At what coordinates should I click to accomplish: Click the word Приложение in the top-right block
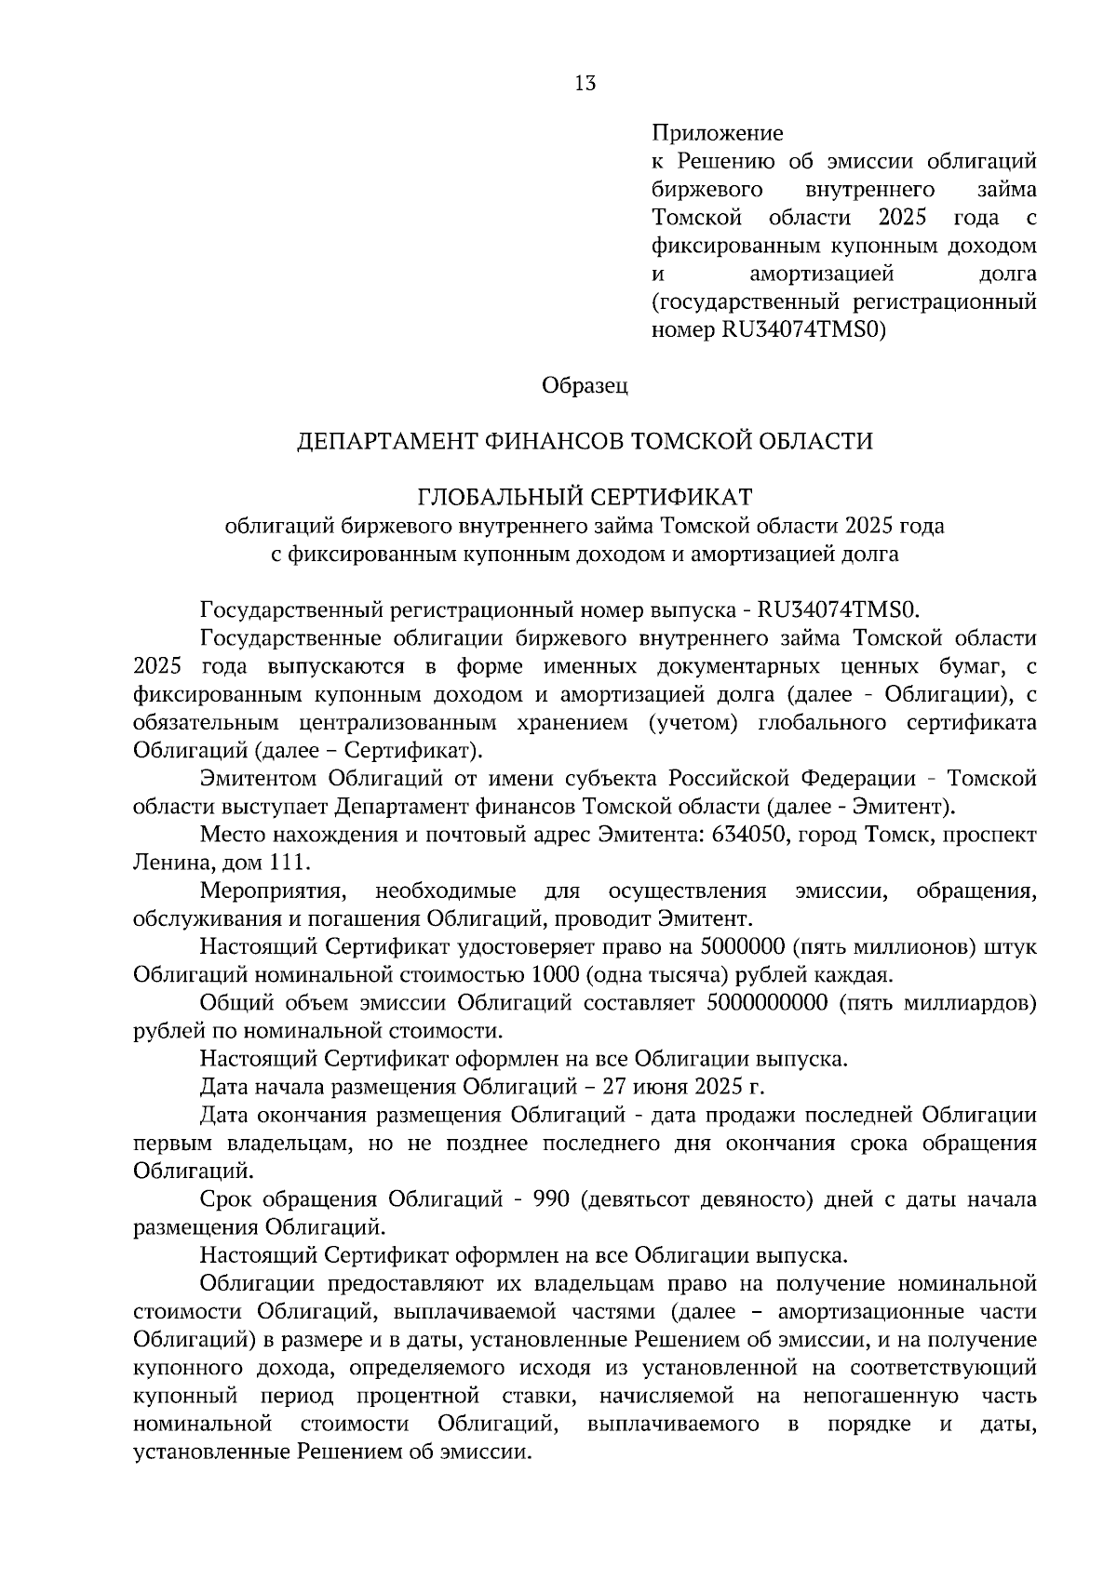tap(717, 133)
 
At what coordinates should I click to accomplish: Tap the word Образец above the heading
tap(585, 385)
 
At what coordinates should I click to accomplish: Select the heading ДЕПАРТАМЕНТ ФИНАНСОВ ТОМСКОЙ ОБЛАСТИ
tap(585, 441)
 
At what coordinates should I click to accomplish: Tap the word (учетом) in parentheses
tap(693, 723)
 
